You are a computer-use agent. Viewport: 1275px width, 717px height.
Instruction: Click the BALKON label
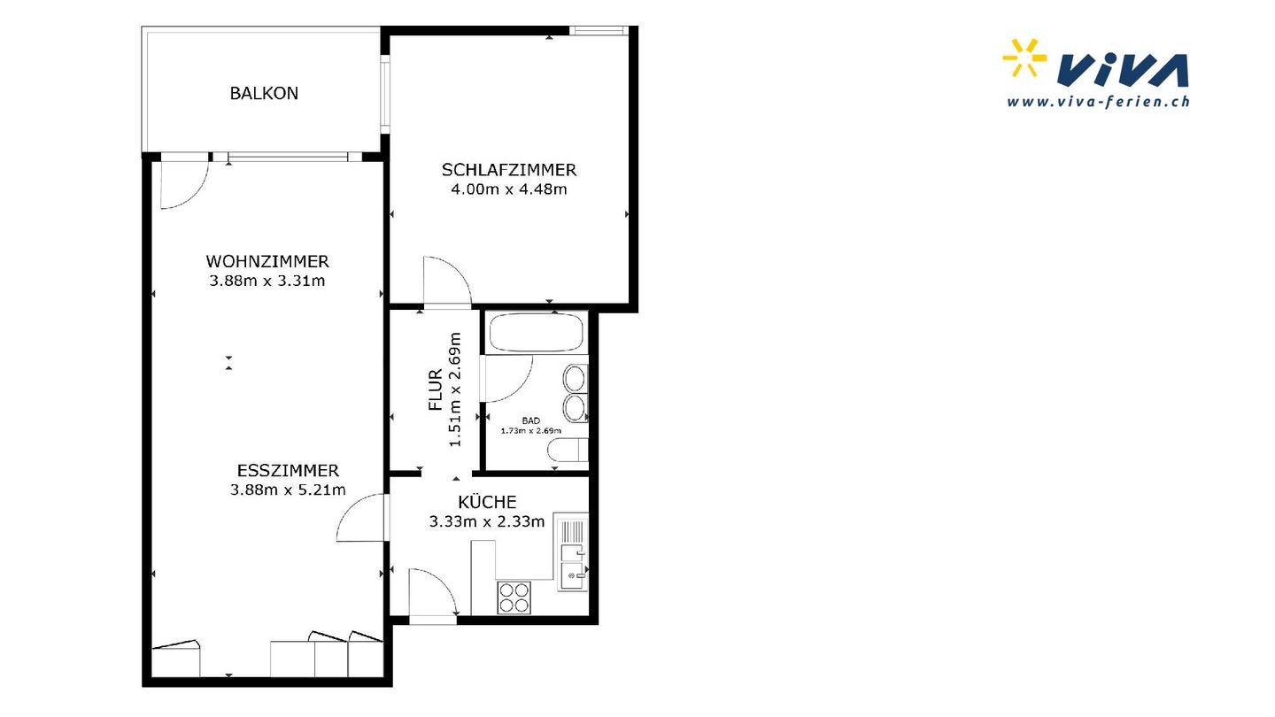264,93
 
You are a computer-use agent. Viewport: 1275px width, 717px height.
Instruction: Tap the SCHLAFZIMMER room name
509,170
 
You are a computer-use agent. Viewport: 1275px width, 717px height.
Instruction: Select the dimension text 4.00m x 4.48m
509,189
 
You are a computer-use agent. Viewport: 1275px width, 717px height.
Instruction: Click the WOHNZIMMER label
267,261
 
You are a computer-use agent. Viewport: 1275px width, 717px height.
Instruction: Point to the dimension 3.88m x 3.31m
267,281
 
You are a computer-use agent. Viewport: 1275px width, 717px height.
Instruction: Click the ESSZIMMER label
288,471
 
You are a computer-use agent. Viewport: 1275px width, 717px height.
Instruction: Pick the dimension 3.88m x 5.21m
288,490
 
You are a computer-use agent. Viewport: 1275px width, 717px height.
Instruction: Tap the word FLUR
436,389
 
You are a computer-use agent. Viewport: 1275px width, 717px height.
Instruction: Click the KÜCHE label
487,501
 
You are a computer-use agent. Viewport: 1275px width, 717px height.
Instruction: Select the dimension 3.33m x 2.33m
487,521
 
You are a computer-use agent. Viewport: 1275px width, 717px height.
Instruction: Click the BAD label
530,420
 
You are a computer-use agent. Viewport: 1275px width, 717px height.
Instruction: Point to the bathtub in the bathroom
537,333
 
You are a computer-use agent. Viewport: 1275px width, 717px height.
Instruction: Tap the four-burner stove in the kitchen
514,597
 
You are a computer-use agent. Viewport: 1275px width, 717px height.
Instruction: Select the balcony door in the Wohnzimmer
183,185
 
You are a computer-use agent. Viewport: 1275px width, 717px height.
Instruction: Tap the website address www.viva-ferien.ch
1098,102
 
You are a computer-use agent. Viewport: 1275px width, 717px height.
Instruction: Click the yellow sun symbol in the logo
1024,58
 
